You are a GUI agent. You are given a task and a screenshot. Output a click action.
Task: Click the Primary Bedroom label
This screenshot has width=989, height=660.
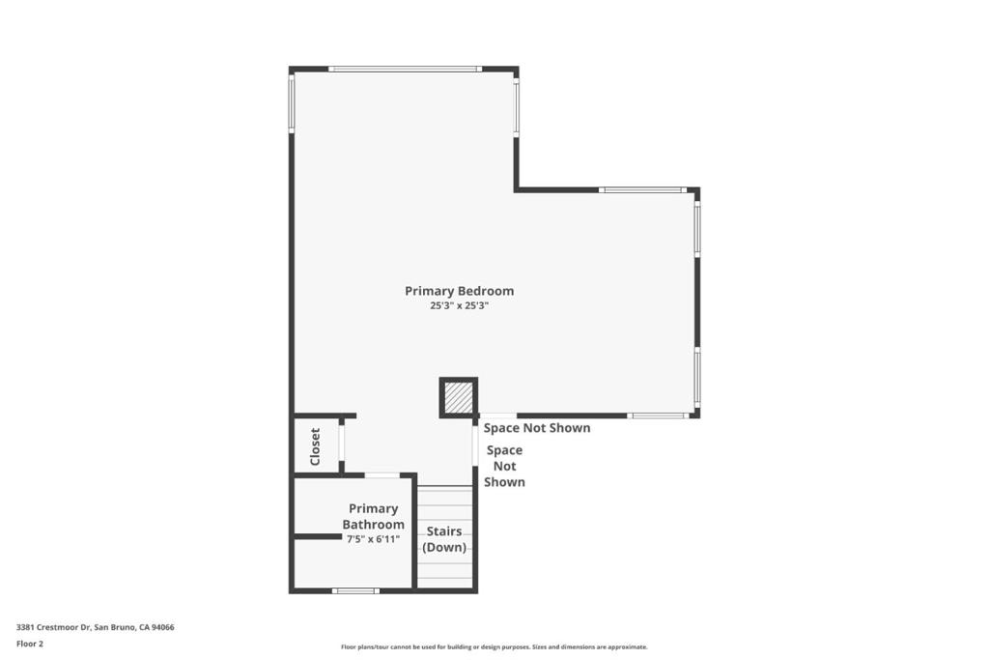459,291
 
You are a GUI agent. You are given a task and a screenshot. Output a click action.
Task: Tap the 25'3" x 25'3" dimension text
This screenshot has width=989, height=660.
459,306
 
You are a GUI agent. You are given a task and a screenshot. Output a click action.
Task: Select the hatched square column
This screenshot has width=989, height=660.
459,397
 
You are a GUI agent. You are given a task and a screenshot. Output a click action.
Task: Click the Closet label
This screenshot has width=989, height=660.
316,446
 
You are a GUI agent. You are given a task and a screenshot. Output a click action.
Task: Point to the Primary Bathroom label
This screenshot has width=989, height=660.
374,516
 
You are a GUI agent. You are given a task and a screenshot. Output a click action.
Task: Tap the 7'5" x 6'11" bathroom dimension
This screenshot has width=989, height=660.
374,539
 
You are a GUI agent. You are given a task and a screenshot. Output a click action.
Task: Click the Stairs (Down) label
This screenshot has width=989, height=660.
444,539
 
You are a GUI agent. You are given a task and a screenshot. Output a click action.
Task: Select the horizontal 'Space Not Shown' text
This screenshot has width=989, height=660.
537,428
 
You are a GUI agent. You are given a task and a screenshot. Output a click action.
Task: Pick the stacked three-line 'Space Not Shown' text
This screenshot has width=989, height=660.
504,466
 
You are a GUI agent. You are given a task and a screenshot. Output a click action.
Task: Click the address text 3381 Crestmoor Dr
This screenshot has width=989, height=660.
54,627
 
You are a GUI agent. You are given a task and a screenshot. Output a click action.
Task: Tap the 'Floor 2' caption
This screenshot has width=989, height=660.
30,645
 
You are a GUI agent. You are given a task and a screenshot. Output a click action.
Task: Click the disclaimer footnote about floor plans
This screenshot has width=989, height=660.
494,646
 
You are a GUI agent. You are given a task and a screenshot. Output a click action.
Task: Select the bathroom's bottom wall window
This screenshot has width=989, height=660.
355,591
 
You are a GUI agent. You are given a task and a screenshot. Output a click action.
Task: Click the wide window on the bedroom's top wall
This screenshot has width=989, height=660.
405,69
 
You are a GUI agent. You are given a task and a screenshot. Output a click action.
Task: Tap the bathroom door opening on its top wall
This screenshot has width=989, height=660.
382,475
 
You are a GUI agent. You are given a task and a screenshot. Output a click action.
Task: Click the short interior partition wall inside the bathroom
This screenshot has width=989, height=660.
318,537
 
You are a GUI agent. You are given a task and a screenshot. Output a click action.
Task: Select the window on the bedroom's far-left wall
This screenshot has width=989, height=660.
292,102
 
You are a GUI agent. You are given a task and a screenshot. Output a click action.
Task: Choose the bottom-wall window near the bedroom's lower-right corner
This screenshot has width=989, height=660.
658,416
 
